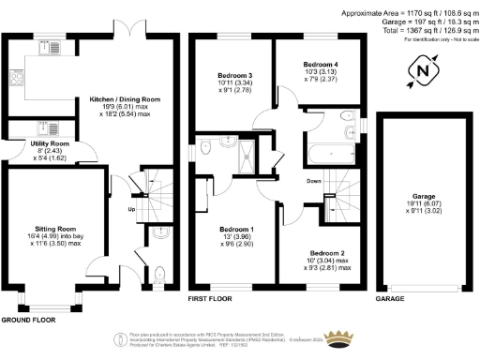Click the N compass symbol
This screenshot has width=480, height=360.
(423, 71)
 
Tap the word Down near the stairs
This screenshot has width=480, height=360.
(315, 181)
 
